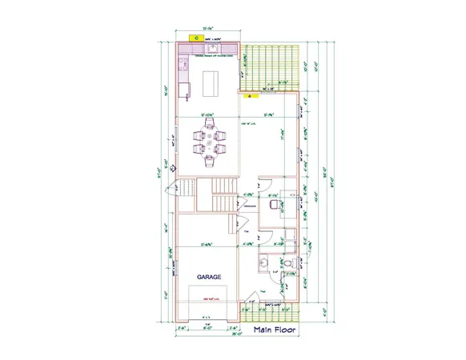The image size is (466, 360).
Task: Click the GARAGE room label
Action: pyautogui.click(x=209, y=277)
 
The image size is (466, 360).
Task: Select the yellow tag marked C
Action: pyautogui.click(x=195, y=37)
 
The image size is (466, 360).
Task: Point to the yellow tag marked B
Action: pyautogui.click(x=249, y=96)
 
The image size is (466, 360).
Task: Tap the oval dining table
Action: pyautogui.click(x=210, y=146)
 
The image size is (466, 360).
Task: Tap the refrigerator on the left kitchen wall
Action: pyautogui.click(x=183, y=87)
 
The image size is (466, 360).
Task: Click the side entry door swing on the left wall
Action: pyautogui.click(x=169, y=192)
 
